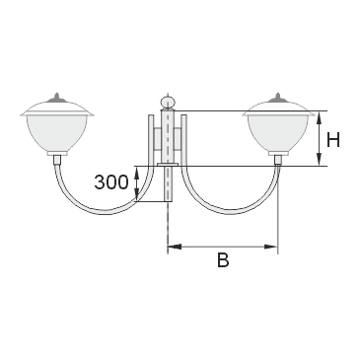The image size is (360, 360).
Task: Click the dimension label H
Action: [333, 140]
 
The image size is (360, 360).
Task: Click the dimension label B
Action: [223, 259]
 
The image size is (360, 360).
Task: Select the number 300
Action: [110, 181]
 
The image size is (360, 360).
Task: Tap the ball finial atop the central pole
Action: [168, 102]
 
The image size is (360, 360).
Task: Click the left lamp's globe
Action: [57, 133]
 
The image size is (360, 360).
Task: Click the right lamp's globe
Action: [278, 133]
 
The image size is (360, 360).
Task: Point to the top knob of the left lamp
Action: [57, 97]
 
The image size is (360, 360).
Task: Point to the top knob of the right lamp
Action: [278, 97]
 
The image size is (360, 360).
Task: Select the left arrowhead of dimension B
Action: [175, 247]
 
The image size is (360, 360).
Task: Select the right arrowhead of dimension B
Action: [271, 247]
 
